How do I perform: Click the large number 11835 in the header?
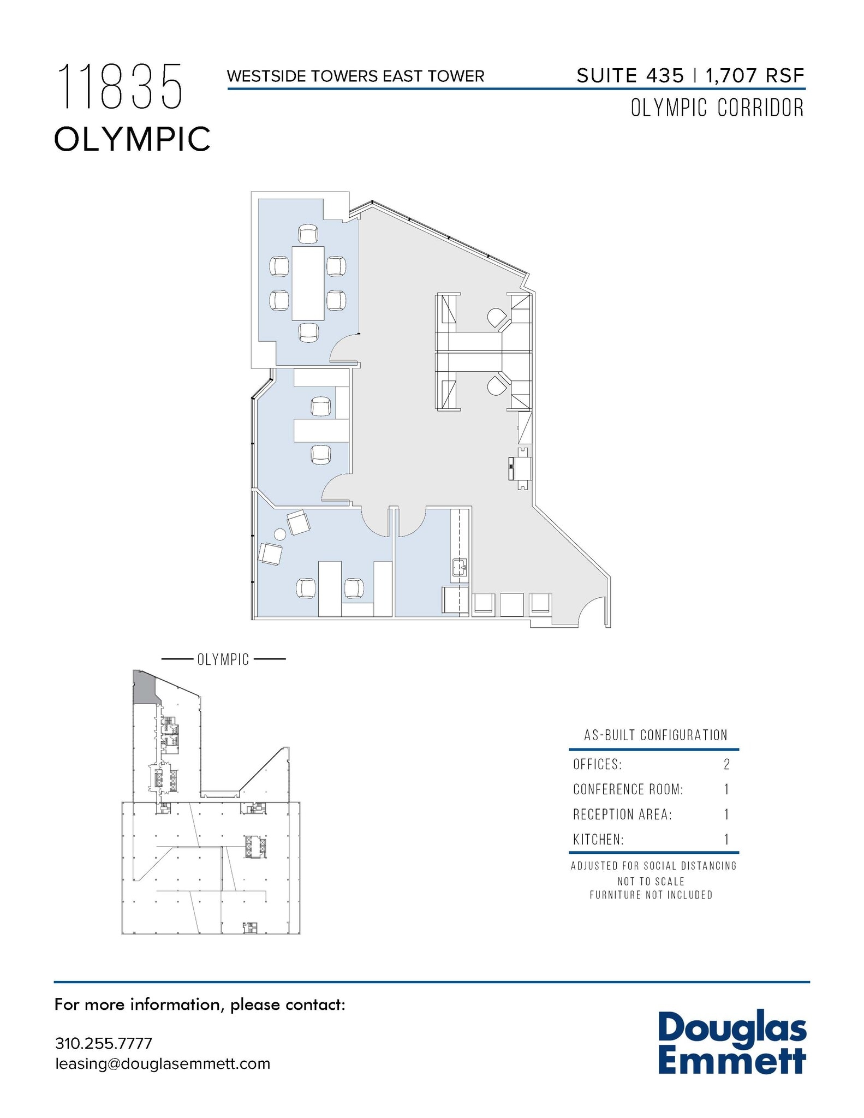click(120, 87)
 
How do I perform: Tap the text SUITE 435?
click(630, 76)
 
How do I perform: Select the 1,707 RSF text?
click(755, 76)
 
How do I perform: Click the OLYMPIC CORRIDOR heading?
click(717, 108)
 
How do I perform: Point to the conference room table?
click(308, 283)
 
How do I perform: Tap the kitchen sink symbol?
click(459, 568)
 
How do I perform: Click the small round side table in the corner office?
click(280, 534)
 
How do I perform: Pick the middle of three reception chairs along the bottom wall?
click(512, 604)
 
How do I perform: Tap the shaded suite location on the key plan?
click(144, 688)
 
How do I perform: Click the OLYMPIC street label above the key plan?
click(223, 659)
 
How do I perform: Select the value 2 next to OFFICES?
click(726, 764)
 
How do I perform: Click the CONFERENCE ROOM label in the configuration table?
click(628, 789)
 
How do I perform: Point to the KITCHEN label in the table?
click(598, 840)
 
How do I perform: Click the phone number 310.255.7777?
click(103, 1043)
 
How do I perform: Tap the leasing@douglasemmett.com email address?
click(163, 1063)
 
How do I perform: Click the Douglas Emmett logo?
click(731, 1043)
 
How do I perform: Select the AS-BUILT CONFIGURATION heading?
click(656, 735)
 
